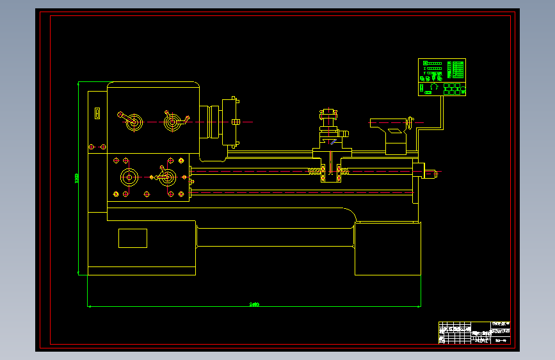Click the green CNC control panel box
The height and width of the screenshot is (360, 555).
click(x=442, y=78)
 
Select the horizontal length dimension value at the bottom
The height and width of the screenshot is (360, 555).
click(x=253, y=304)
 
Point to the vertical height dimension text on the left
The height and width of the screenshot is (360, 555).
click(x=77, y=178)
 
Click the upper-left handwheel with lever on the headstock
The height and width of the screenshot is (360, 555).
click(x=134, y=122)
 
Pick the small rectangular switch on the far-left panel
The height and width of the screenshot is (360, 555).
click(x=97, y=113)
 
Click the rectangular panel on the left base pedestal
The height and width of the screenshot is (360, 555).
click(x=133, y=238)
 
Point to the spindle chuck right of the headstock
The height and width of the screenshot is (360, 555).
click(x=230, y=122)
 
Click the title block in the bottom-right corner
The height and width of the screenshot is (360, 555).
click(x=474, y=332)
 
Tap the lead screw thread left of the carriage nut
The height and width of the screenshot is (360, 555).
click(x=315, y=171)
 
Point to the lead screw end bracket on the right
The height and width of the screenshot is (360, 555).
click(x=419, y=172)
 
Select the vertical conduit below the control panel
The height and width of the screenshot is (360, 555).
click(x=442, y=112)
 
